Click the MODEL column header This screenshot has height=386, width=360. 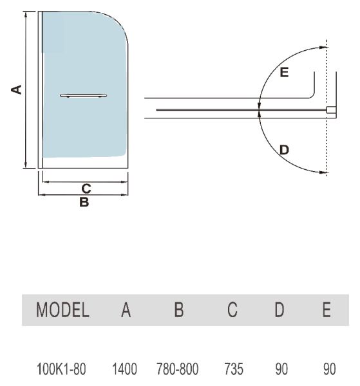[62, 309]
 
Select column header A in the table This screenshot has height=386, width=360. [126, 309]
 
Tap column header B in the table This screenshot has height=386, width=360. [179, 309]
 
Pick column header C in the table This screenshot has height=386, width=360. [232, 309]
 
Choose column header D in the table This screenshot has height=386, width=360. [279, 309]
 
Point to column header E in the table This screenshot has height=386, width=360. [327, 309]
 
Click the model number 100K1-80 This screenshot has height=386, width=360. [61, 369]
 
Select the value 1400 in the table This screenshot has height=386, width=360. [124, 369]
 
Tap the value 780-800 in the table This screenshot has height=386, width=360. [177, 369]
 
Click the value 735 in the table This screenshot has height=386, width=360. [234, 369]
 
